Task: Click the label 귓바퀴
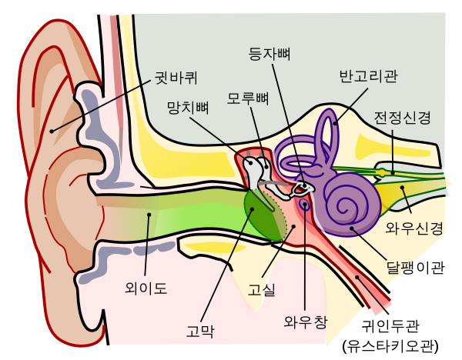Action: tap(176, 78)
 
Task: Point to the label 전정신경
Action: tap(402, 118)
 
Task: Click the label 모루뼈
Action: tap(248, 98)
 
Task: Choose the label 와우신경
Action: tap(414, 228)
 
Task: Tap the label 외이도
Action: tap(146, 288)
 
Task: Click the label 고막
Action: tap(200, 332)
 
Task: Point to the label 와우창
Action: tap(305, 321)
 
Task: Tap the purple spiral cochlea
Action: tap(353, 202)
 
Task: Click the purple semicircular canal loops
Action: tap(327, 135)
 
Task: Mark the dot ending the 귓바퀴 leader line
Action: tap(52, 132)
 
